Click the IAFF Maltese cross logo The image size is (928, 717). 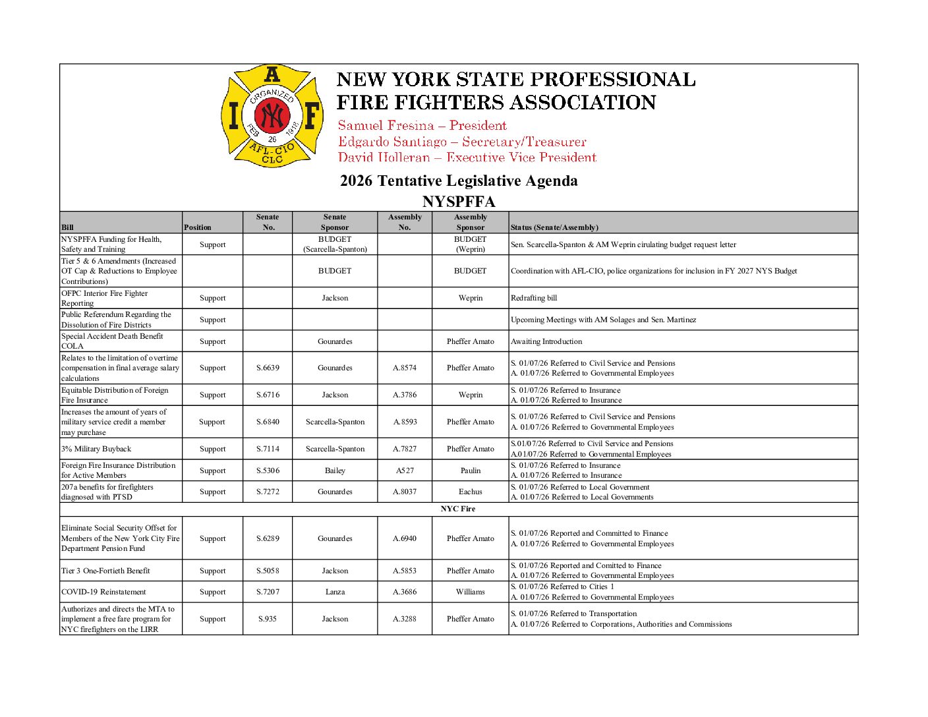tap(272, 116)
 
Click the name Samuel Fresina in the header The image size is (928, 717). tap(386, 126)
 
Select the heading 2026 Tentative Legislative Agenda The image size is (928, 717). tap(459, 181)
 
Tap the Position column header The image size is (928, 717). tap(198, 227)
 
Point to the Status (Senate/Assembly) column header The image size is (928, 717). tap(554, 227)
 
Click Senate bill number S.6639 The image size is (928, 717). tap(268, 368)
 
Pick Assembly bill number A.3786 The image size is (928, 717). tap(405, 395)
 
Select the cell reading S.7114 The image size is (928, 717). tap(268, 449)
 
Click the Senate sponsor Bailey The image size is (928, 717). tap(335, 471)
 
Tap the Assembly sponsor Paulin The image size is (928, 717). tap(471, 471)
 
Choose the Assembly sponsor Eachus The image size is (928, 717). tap(471, 492)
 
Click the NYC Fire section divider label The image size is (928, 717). tap(458, 509)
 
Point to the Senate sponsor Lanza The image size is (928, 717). tap(335, 592)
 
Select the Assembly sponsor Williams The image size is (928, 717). tap(471, 592)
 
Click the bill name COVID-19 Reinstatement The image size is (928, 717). tap(103, 592)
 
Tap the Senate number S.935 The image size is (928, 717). tap(268, 619)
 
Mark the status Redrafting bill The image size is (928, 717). tap(534, 298)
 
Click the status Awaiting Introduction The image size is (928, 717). tap(546, 341)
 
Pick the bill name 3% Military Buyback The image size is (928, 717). tap(96, 449)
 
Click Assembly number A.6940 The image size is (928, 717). tap(405, 538)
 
